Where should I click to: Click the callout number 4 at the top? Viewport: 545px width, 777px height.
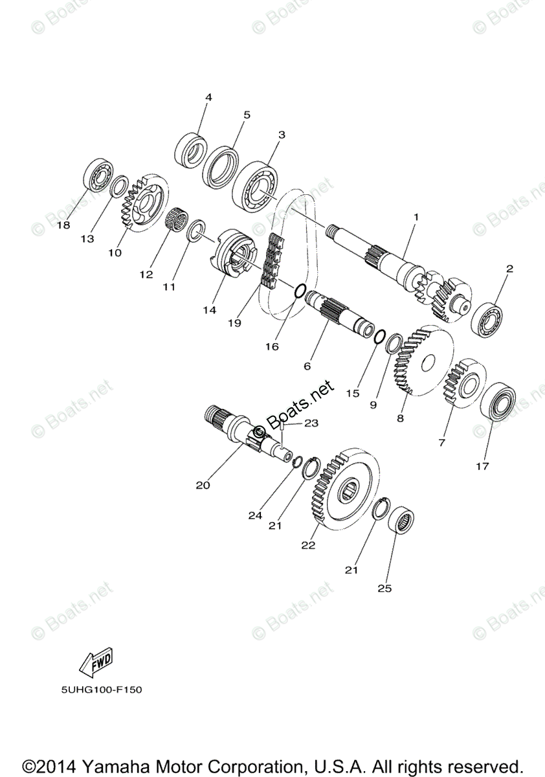point(208,98)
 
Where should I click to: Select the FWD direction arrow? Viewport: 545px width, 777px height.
point(96,661)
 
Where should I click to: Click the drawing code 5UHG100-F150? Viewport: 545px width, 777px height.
point(102,690)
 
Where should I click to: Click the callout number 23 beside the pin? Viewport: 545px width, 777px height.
point(312,423)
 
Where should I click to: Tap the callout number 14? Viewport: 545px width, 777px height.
point(208,310)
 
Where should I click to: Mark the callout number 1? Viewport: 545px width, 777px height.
point(416,217)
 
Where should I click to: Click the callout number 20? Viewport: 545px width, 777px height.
point(203,484)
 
